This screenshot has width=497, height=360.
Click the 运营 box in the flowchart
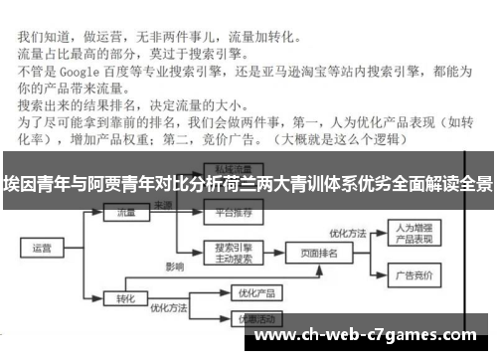coord(42,248)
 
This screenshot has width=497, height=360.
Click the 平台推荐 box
coord(229,212)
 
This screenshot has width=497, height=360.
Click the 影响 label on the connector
coord(174,267)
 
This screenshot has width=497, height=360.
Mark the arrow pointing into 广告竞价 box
coord(375,270)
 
